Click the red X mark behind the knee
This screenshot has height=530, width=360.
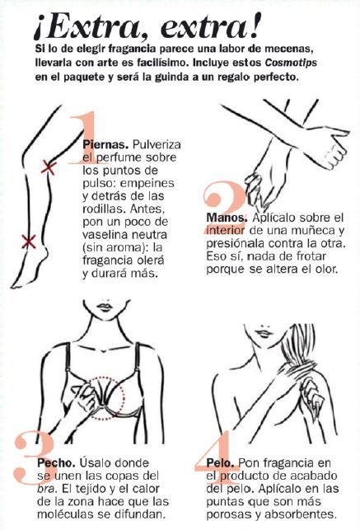(49, 167)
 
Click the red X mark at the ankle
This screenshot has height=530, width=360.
(29, 242)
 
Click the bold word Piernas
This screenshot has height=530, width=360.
(105, 145)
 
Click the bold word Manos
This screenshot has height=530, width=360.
(227, 218)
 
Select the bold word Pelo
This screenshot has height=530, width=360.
(221, 462)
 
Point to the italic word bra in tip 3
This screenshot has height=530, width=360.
(45, 489)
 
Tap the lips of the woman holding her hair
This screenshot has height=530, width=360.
(263, 333)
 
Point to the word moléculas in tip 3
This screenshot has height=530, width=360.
(64, 514)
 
